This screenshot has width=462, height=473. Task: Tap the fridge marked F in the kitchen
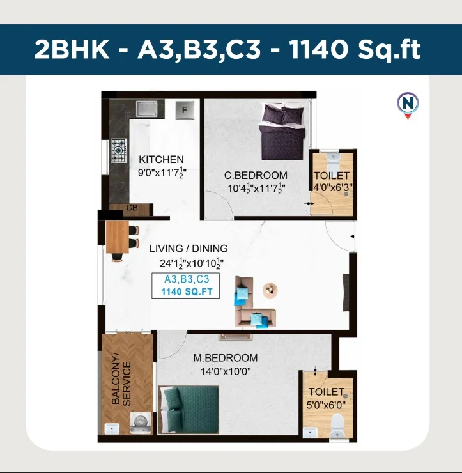185,110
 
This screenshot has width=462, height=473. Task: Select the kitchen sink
146,109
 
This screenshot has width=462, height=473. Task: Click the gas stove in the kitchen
119,150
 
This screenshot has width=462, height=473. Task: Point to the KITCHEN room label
161,159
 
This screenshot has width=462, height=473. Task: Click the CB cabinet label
132,208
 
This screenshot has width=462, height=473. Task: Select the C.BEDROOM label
256,175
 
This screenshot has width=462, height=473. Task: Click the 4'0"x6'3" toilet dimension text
332,188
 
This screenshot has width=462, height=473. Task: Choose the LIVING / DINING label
189,249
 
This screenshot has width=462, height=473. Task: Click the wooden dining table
118,237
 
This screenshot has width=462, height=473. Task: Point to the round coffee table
270,290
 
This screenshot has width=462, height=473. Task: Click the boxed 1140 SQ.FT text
187,291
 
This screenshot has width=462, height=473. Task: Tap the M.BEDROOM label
226,358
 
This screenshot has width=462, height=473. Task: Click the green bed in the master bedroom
189,410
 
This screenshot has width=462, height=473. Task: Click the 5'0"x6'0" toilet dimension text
326,405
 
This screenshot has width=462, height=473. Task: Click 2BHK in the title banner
72,49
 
